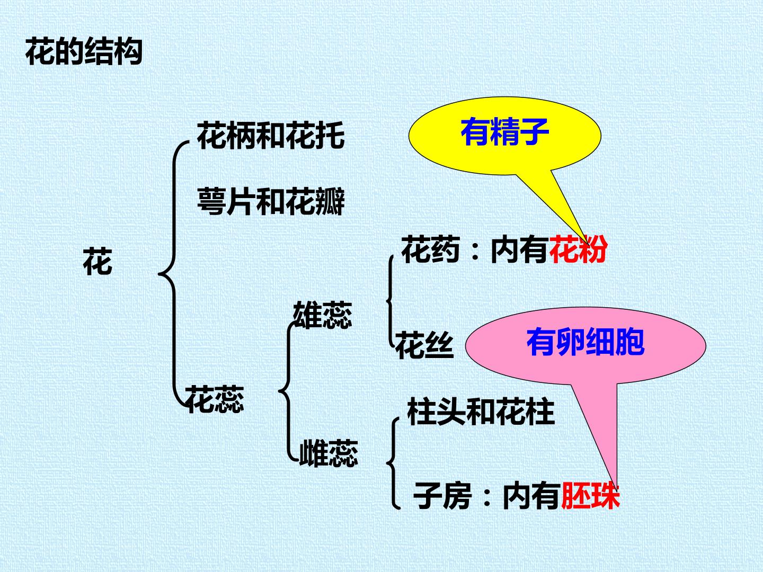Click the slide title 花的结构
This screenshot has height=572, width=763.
click(x=84, y=51)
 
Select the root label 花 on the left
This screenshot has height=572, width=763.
click(x=97, y=261)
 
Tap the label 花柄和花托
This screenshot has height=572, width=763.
click(x=271, y=135)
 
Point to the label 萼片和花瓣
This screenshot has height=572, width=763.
click(x=271, y=201)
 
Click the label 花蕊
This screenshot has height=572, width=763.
click(x=215, y=399)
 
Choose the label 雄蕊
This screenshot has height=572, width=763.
click(x=323, y=315)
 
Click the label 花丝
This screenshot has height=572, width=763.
click(x=424, y=344)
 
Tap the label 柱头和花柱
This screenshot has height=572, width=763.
click(x=481, y=412)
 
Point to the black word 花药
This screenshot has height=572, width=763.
click(x=431, y=249)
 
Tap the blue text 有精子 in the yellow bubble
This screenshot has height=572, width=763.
click(x=505, y=132)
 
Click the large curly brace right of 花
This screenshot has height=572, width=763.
click(x=173, y=274)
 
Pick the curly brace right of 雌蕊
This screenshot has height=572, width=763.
click(x=393, y=463)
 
